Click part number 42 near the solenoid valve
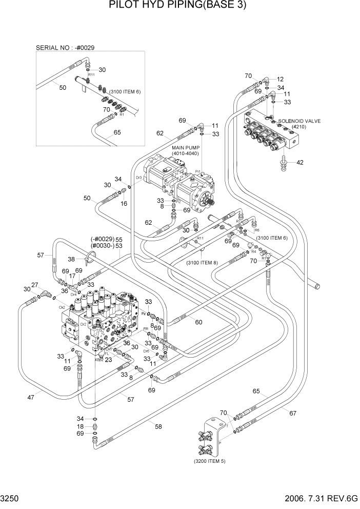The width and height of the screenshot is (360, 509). [301, 163]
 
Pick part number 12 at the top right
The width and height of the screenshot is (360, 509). [280, 80]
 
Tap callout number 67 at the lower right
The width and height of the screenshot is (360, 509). [293, 413]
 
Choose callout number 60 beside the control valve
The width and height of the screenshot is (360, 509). [198, 322]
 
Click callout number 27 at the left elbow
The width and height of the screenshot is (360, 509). [35, 285]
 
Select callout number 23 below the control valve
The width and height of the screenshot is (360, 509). [109, 360]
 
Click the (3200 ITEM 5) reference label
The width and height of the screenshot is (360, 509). [209, 461]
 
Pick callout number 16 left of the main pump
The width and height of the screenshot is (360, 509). [124, 204]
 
